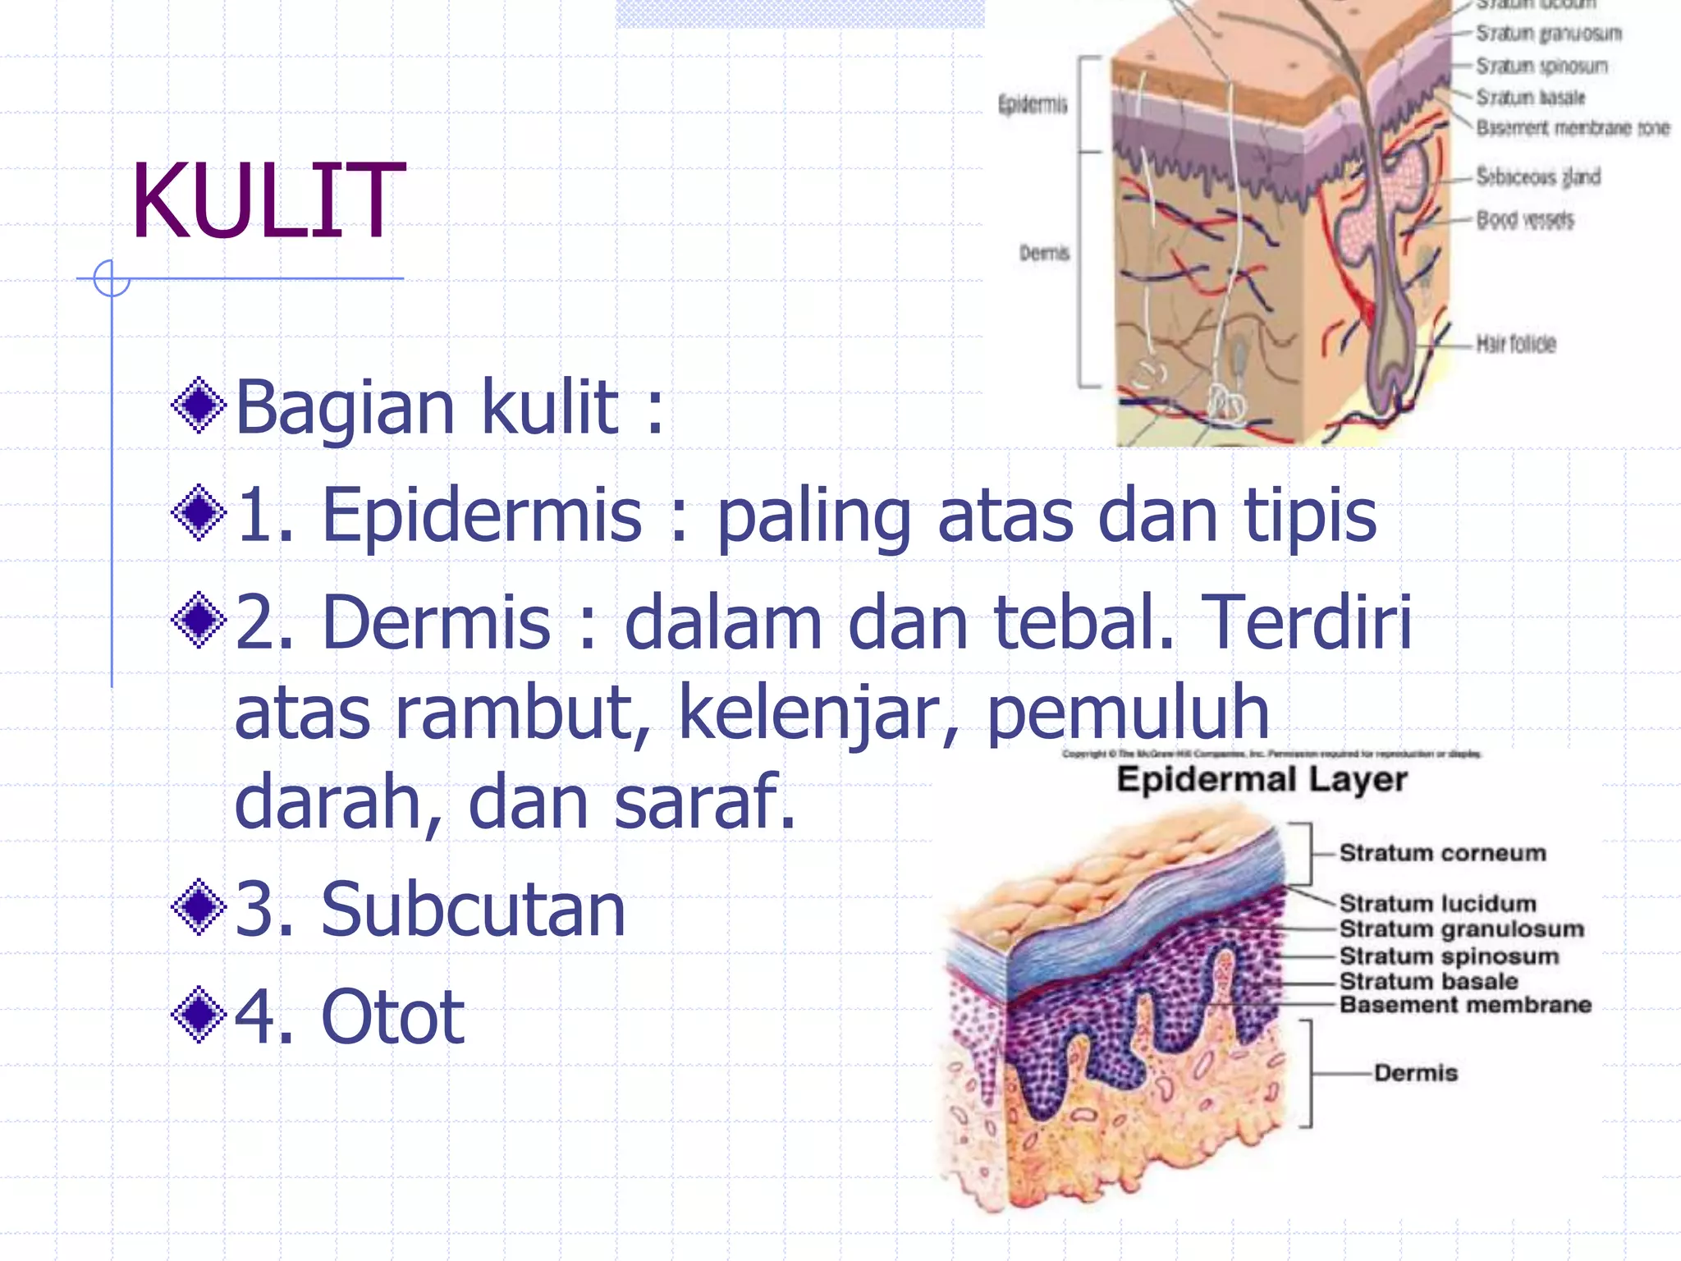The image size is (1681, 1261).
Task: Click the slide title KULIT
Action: pyautogui.click(x=268, y=202)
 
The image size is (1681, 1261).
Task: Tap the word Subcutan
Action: pyautogui.click(x=473, y=910)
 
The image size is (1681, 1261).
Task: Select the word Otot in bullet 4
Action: pyautogui.click(x=393, y=1017)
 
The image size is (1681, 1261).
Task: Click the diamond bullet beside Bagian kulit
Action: pyautogui.click(x=199, y=405)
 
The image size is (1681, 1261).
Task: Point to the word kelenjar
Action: pyautogui.click(x=818, y=713)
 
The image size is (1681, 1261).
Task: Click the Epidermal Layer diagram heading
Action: pyautogui.click(x=1262, y=779)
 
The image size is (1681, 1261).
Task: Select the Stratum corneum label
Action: pyautogui.click(x=1442, y=853)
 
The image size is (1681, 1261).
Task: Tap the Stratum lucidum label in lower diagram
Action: pyautogui.click(x=1437, y=903)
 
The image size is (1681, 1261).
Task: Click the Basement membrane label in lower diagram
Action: pyautogui.click(x=1465, y=1005)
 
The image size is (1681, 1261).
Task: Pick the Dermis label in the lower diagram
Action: pyautogui.click(x=1416, y=1073)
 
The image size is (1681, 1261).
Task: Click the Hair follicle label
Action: pyautogui.click(x=1515, y=344)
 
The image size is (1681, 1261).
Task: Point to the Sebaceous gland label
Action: pyautogui.click(x=1538, y=177)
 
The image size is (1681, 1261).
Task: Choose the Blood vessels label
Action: pyautogui.click(x=1525, y=220)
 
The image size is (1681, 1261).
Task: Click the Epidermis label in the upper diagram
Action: pyautogui.click(x=1033, y=105)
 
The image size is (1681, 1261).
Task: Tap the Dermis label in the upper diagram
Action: pyautogui.click(x=1044, y=253)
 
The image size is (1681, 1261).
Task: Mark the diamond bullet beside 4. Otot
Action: pyautogui.click(x=199, y=1016)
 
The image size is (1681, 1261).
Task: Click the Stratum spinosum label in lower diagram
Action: pyautogui.click(x=1449, y=956)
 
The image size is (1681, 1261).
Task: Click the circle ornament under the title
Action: pyautogui.click(x=112, y=278)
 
